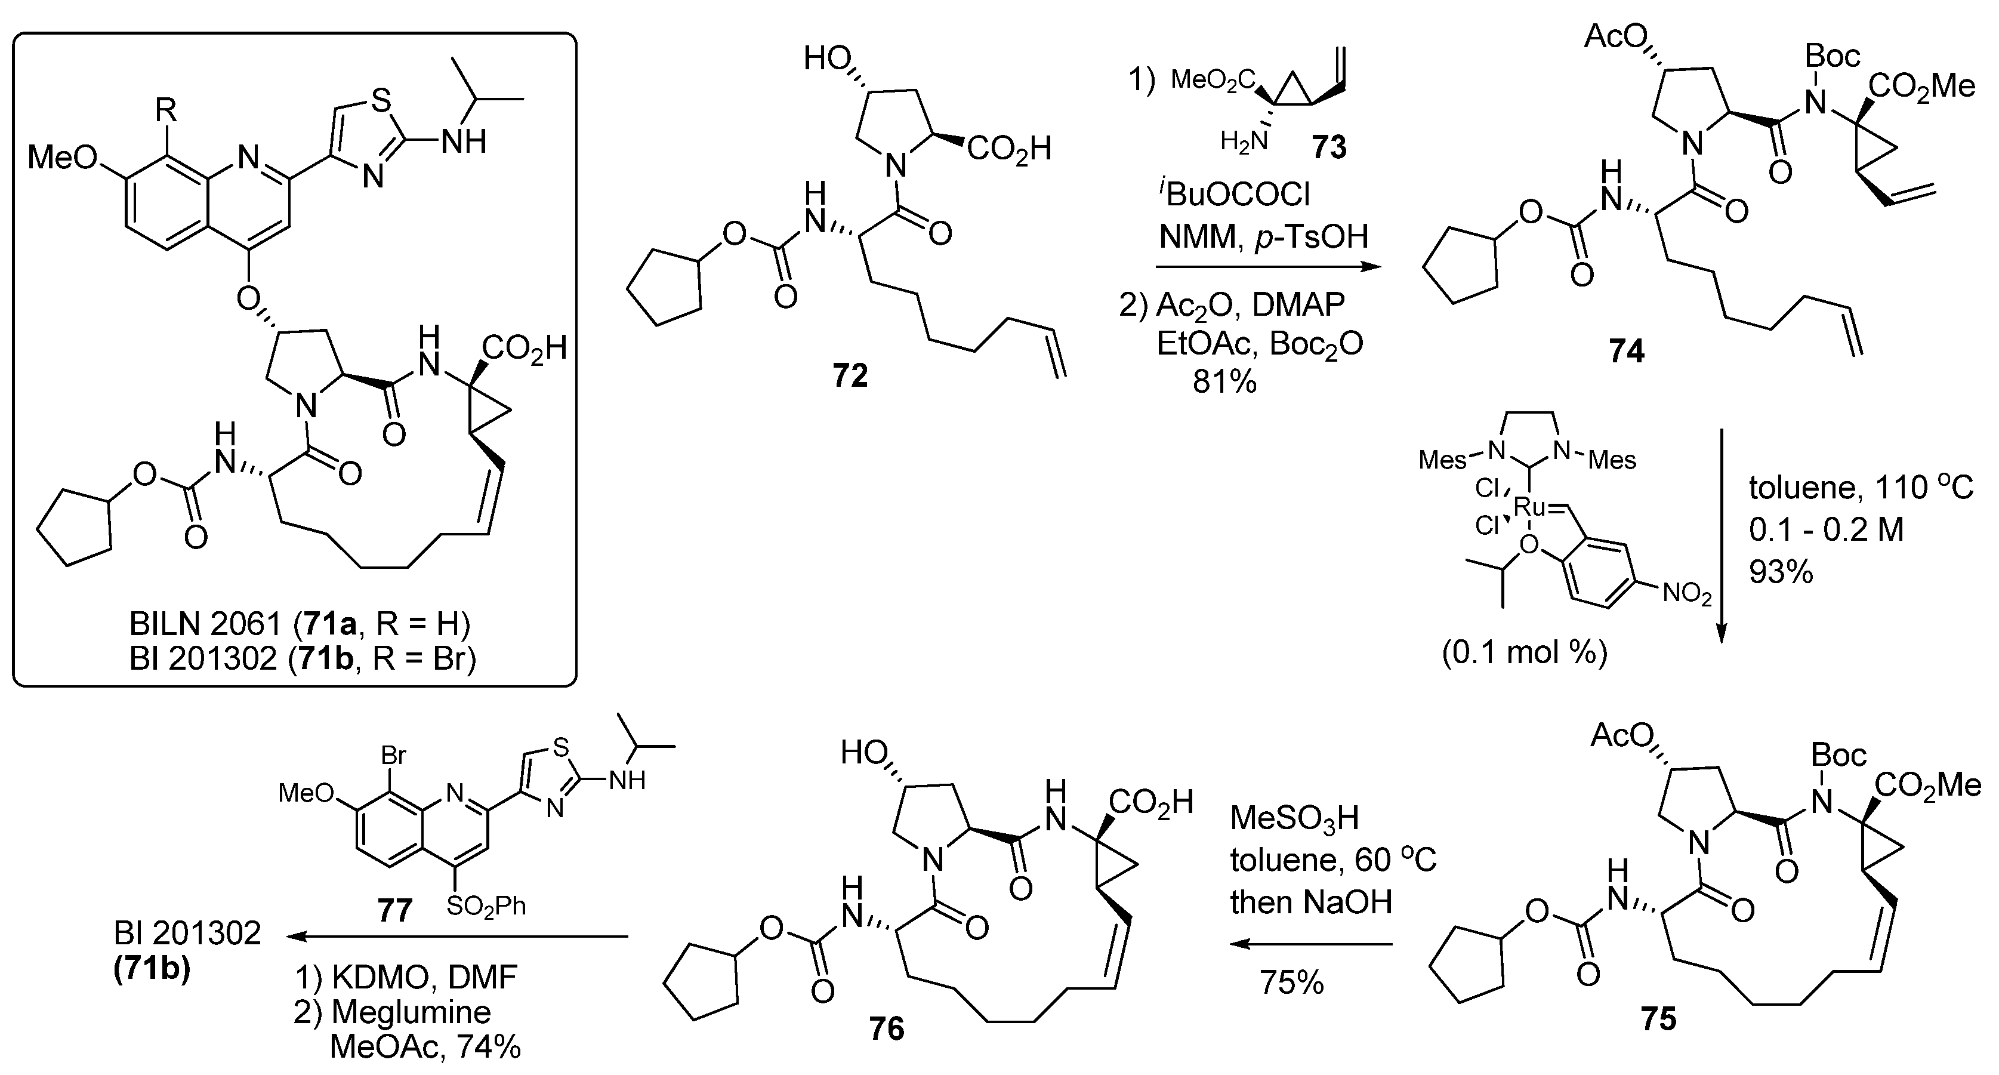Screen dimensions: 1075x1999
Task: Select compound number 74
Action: [x=1625, y=352]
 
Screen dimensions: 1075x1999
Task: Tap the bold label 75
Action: [x=1658, y=1018]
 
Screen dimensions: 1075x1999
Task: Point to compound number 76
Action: [x=886, y=1028]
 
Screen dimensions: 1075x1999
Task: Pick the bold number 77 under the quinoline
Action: [x=394, y=909]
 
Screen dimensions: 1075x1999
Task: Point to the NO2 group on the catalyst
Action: [x=1686, y=594]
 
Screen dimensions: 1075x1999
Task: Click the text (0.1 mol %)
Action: [x=1524, y=653]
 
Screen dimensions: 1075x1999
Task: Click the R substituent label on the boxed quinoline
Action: [x=165, y=111]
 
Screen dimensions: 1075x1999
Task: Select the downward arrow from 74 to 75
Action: [x=1720, y=535]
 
